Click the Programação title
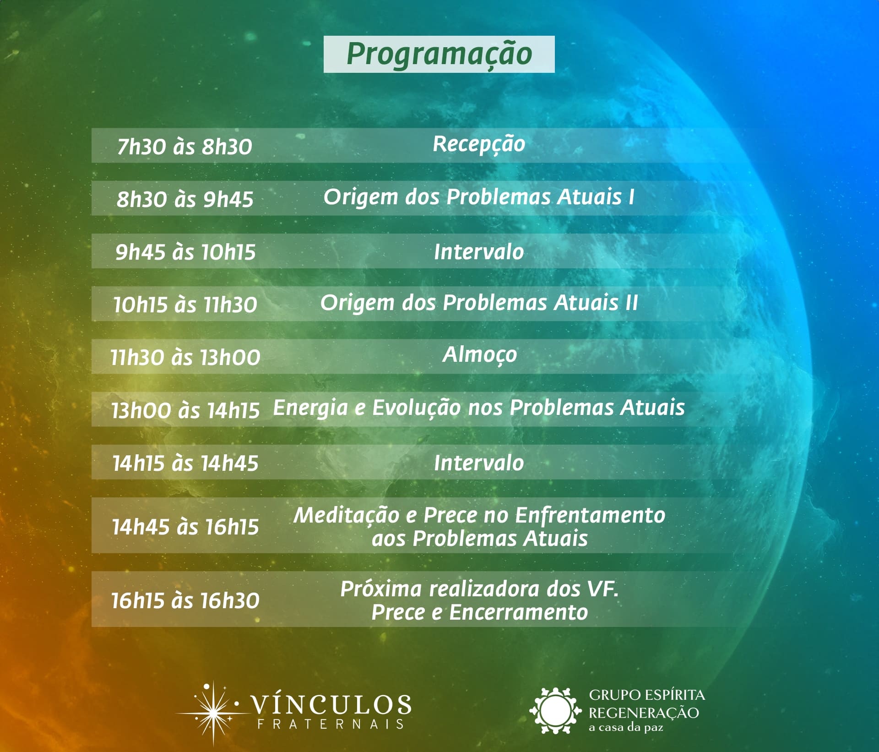click(439, 54)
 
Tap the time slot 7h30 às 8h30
click(184, 147)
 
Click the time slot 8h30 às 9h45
click(184, 199)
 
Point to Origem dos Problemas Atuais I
click(479, 197)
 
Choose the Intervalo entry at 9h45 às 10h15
click(479, 252)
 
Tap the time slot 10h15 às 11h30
click(185, 305)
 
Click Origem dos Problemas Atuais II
click(479, 303)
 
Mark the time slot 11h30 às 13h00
click(185, 357)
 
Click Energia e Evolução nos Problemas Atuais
click(479, 408)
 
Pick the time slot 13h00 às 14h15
click(185, 410)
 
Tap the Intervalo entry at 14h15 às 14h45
click(479, 463)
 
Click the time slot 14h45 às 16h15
click(185, 527)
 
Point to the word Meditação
click(346, 516)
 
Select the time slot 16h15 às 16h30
click(185, 600)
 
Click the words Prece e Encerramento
click(479, 612)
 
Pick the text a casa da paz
click(625, 727)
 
